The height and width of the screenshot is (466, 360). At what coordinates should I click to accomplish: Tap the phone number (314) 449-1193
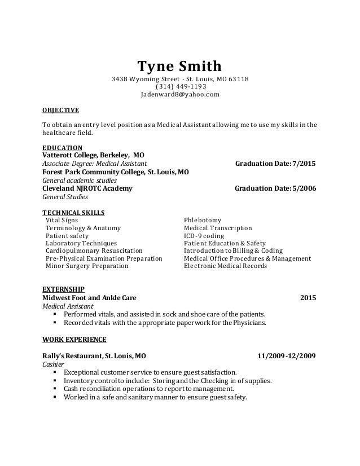(x=179, y=86)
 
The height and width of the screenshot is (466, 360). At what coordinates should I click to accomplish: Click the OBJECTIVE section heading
(x=61, y=109)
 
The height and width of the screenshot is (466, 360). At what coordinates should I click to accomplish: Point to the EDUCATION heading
(x=62, y=148)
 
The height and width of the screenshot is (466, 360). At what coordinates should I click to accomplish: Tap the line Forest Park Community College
(x=116, y=172)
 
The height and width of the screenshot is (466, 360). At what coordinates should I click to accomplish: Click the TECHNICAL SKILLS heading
(x=73, y=212)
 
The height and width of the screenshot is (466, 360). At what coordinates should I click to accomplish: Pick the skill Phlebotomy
(x=203, y=220)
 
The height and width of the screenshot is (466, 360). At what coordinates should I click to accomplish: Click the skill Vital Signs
(x=62, y=220)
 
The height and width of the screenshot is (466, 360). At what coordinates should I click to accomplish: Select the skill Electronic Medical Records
(x=225, y=266)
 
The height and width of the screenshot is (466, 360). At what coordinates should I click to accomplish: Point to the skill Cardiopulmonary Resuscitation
(x=94, y=250)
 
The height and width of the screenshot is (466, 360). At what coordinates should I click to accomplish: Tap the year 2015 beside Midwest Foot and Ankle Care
(x=308, y=297)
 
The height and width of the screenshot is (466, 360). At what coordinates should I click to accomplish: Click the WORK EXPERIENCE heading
(x=74, y=340)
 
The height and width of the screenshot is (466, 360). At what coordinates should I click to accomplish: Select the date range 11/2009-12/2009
(x=286, y=356)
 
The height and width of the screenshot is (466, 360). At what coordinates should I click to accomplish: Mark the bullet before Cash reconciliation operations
(x=55, y=389)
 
